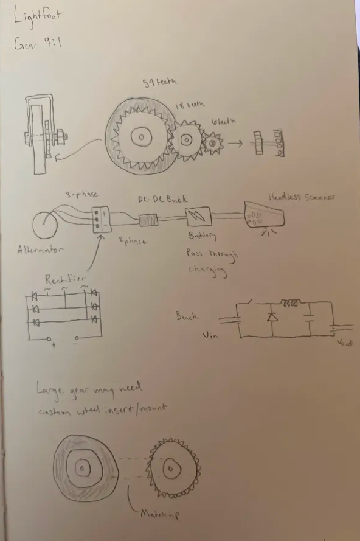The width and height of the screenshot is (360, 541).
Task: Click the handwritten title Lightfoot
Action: [35, 19]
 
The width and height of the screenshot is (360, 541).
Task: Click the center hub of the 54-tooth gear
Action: [141, 138]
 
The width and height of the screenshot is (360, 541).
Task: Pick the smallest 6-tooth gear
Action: [213, 144]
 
